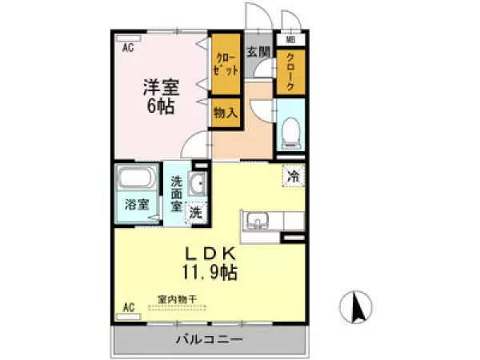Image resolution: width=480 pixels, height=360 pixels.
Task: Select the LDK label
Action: click(207, 252)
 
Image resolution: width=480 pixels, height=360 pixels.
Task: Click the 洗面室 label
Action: click(177, 191)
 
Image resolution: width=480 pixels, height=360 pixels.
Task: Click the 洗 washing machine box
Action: click(195, 213)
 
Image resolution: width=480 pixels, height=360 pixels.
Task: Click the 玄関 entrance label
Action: click(258, 53)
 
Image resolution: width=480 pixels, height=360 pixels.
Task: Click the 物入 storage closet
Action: click(225, 113)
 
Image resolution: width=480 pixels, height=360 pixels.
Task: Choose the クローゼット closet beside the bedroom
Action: click(226, 62)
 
